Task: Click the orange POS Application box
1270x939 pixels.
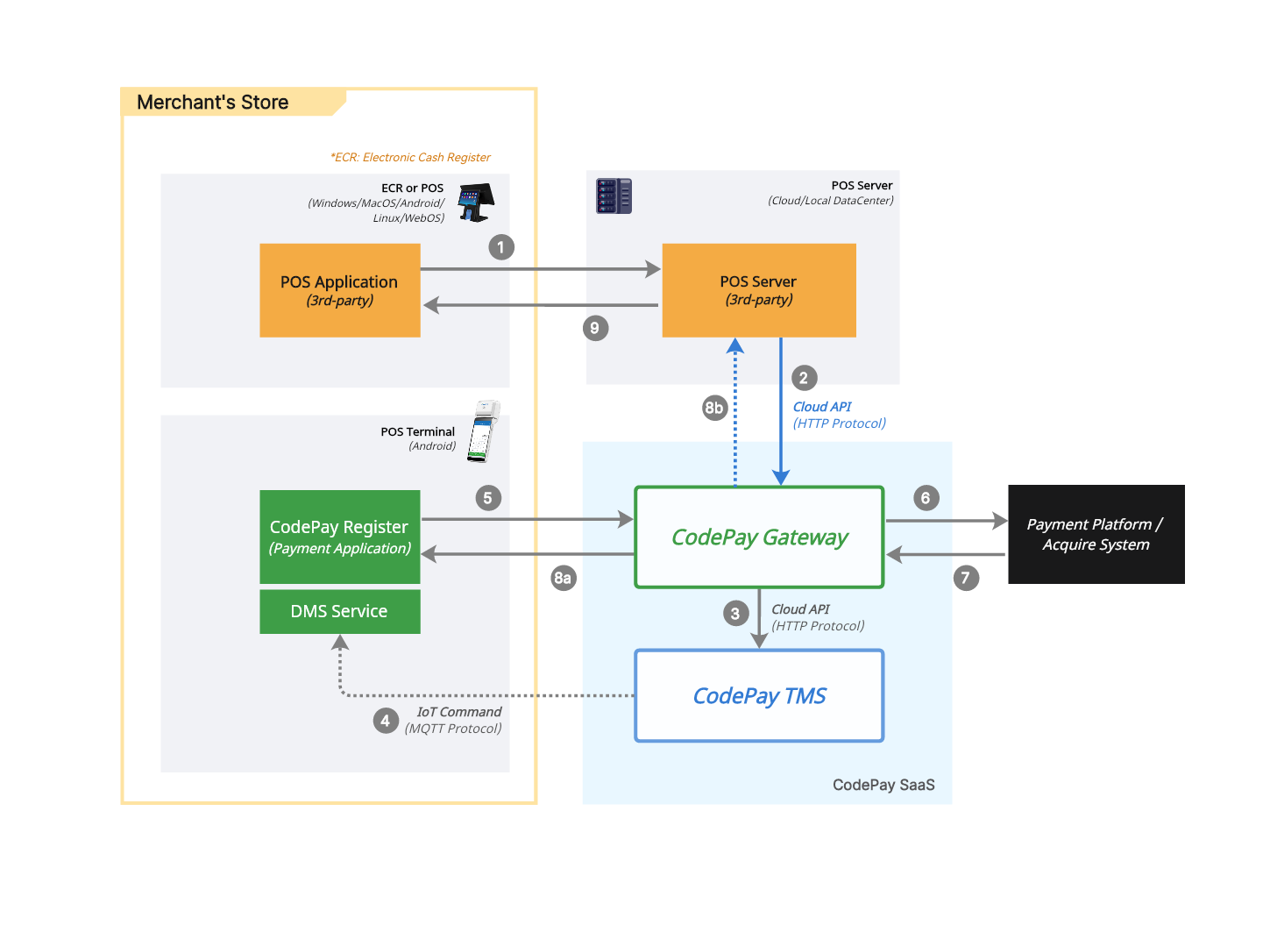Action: [x=339, y=290]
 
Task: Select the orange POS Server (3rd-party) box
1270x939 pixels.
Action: [x=758, y=290]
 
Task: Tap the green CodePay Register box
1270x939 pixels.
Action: [x=339, y=537]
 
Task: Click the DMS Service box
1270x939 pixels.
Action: [x=339, y=611]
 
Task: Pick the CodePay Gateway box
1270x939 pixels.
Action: [x=759, y=537]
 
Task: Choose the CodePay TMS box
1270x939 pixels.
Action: [x=759, y=695]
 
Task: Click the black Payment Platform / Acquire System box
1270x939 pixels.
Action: [x=1096, y=534]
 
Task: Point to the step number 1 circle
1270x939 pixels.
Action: [x=500, y=247]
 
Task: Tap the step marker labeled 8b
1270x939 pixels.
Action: [x=714, y=408]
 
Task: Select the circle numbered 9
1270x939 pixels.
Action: [x=595, y=328]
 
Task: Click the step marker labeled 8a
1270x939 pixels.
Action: [x=563, y=578]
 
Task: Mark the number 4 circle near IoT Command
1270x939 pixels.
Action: [x=386, y=721]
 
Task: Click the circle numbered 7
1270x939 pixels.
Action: [x=966, y=578]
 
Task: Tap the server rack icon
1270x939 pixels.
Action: [x=614, y=196]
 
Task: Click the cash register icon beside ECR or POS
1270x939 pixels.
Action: [x=476, y=203]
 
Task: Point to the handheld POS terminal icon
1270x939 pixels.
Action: [x=483, y=431]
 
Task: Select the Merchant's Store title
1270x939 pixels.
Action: [x=213, y=103]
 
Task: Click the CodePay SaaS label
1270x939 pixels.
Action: [x=883, y=785]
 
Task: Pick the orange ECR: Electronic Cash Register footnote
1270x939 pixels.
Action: [x=410, y=158]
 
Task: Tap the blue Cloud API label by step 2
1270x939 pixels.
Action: [x=822, y=407]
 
